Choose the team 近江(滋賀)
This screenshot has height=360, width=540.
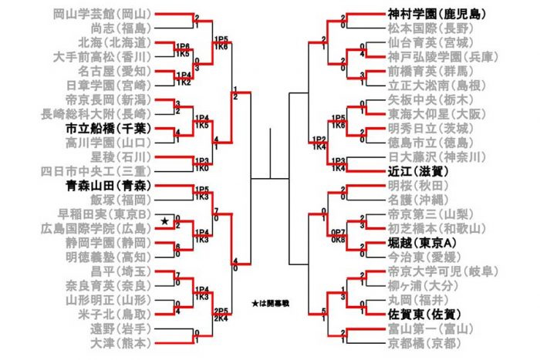pyautogui.click(x=415, y=172)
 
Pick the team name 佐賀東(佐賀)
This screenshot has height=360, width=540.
pyautogui.click(x=421, y=315)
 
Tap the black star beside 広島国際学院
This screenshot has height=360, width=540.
pyautogui.click(x=164, y=222)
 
